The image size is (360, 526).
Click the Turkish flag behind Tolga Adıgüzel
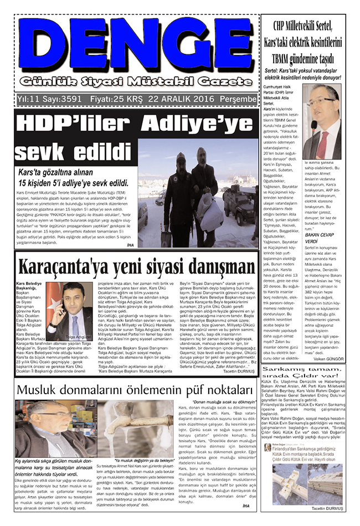point(55,302)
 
